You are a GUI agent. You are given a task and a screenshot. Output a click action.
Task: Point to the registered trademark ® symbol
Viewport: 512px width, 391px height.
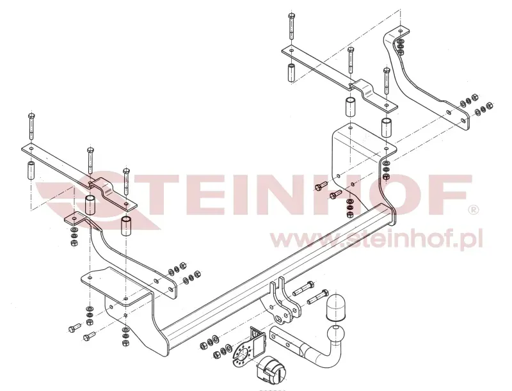474,209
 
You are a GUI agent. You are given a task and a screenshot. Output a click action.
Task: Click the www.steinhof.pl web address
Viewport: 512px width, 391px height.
376,240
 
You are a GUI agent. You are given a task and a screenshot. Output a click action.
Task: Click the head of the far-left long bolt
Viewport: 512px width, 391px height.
31,115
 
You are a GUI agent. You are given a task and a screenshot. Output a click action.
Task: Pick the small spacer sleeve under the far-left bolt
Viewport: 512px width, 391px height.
31,172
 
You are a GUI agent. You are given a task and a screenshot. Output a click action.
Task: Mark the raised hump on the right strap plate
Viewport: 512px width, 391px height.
362,86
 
